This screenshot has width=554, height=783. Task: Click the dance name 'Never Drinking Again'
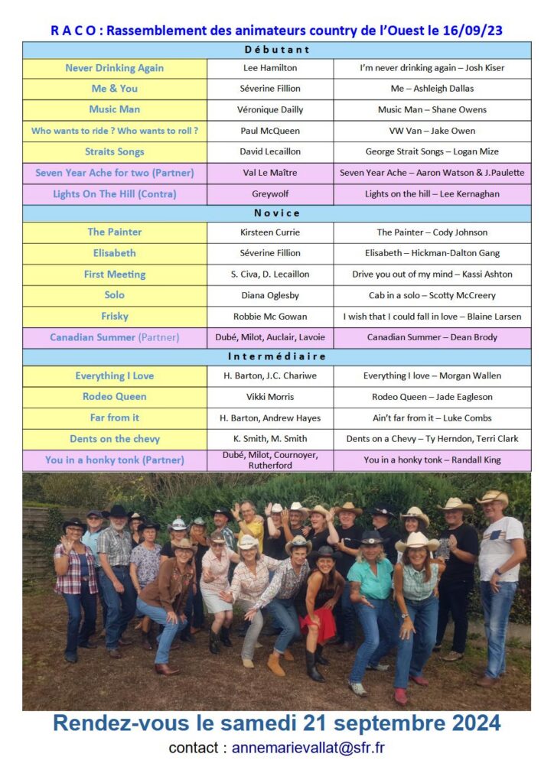pyautogui.click(x=115, y=68)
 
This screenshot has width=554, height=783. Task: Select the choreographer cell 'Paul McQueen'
pyautogui.click(x=270, y=131)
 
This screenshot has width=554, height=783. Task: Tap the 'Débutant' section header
pyautogui.click(x=277, y=50)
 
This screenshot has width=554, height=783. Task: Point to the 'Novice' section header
pyautogui.click(x=277, y=213)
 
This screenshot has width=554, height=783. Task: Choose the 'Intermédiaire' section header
pyautogui.click(x=277, y=357)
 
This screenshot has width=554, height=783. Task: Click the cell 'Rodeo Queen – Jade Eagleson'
pyautogui.click(x=432, y=397)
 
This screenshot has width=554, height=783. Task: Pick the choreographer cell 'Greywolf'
pyautogui.click(x=270, y=194)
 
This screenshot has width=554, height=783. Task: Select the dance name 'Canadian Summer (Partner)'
pyautogui.click(x=115, y=337)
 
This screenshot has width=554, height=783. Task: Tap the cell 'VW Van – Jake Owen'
pyautogui.click(x=432, y=131)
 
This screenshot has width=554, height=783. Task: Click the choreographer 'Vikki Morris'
pyautogui.click(x=270, y=397)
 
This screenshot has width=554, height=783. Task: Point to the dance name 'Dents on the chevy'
pyautogui.click(x=115, y=439)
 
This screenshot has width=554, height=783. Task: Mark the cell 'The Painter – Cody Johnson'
pyautogui.click(x=432, y=232)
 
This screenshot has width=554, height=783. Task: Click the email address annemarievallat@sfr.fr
pyautogui.click(x=308, y=748)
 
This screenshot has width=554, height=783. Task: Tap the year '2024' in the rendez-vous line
pyautogui.click(x=473, y=723)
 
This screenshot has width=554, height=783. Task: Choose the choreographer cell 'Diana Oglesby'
pyautogui.click(x=270, y=295)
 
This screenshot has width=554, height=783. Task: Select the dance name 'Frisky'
pyautogui.click(x=115, y=317)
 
